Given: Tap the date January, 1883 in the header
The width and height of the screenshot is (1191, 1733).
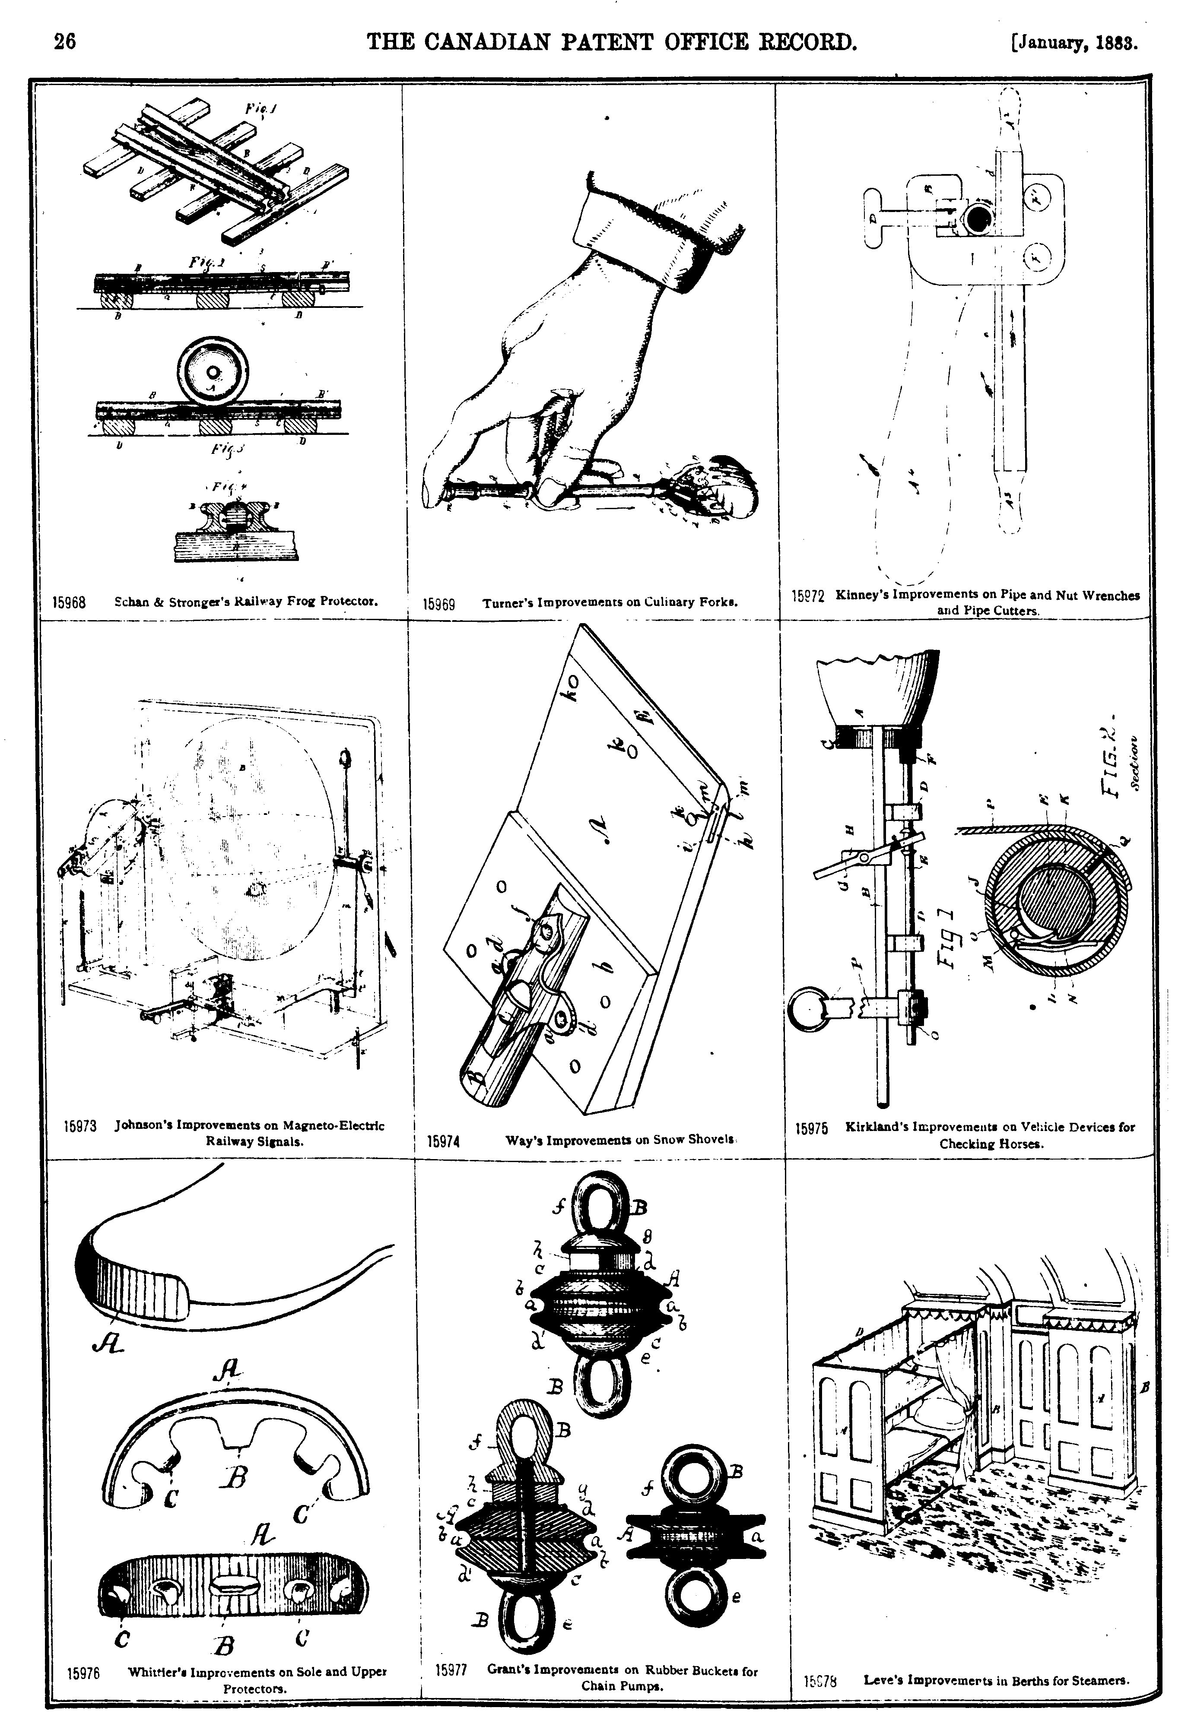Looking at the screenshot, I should tap(1075, 42).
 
